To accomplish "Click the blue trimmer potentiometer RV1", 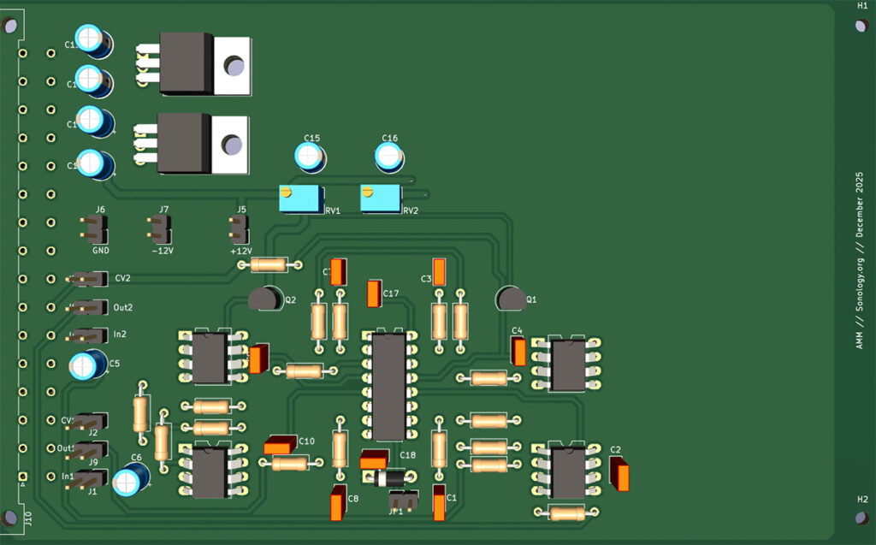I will [302, 200].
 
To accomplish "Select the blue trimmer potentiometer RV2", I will [381, 199].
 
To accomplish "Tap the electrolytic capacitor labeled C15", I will [311, 156].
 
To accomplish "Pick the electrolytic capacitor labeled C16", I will [389, 156].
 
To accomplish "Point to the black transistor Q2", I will [265, 299].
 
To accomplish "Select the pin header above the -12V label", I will [160, 228].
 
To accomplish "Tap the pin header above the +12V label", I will [240, 228].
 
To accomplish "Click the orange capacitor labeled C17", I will [374, 293].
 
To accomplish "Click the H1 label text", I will [862, 6].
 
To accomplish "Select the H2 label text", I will [862, 499].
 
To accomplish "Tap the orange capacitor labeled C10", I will [280, 446].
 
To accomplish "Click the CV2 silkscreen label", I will [121, 279].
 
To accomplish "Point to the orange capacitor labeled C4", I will [518, 351].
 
